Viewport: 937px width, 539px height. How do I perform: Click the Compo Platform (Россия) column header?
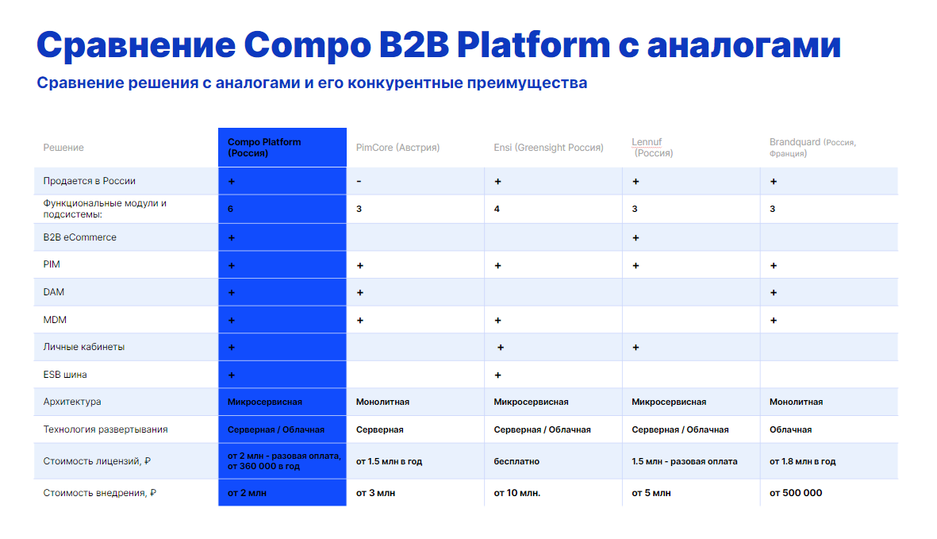click(264, 148)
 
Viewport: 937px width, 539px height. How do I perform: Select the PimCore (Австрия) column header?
click(397, 148)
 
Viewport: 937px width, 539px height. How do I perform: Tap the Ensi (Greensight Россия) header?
click(548, 148)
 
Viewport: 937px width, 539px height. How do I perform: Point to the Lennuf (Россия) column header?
click(652, 148)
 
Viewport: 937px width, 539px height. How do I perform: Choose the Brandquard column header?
click(812, 148)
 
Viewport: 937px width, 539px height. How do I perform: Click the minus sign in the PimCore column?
click(359, 181)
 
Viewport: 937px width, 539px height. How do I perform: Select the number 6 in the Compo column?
click(230, 209)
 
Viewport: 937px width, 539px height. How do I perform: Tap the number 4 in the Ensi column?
click(497, 209)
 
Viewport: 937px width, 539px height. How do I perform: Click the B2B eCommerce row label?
click(79, 237)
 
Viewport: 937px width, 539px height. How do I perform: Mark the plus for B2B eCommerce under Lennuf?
click(636, 238)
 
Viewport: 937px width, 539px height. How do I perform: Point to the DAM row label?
click(54, 292)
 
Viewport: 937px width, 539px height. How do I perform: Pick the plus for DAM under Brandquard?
click(774, 293)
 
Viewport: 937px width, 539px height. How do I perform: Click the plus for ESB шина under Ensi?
click(497, 375)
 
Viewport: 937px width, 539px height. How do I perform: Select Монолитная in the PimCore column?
click(382, 402)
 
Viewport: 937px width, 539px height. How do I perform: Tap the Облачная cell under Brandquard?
click(790, 429)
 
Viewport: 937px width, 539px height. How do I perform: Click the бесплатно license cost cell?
click(517, 461)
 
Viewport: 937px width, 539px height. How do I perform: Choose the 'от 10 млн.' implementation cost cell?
click(517, 493)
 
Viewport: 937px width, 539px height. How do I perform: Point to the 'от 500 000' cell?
click(795, 493)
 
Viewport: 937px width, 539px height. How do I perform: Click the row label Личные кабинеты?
click(83, 347)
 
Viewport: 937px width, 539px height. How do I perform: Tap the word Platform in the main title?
click(533, 45)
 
